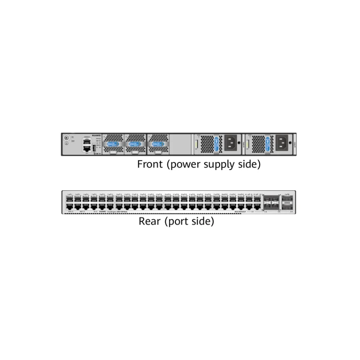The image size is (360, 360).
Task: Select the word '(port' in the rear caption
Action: [177, 221]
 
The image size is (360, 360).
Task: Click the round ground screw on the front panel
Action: [67, 138]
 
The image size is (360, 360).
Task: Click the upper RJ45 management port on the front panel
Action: [86, 141]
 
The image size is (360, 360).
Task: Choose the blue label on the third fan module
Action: [157, 144]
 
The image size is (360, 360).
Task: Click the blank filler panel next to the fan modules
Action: [180, 144]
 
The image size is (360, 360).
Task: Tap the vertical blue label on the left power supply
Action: [217, 144]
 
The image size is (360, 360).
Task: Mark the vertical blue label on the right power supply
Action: [268, 144]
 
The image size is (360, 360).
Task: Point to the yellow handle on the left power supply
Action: [197, 144]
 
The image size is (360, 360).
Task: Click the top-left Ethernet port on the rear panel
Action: [70, 198]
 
